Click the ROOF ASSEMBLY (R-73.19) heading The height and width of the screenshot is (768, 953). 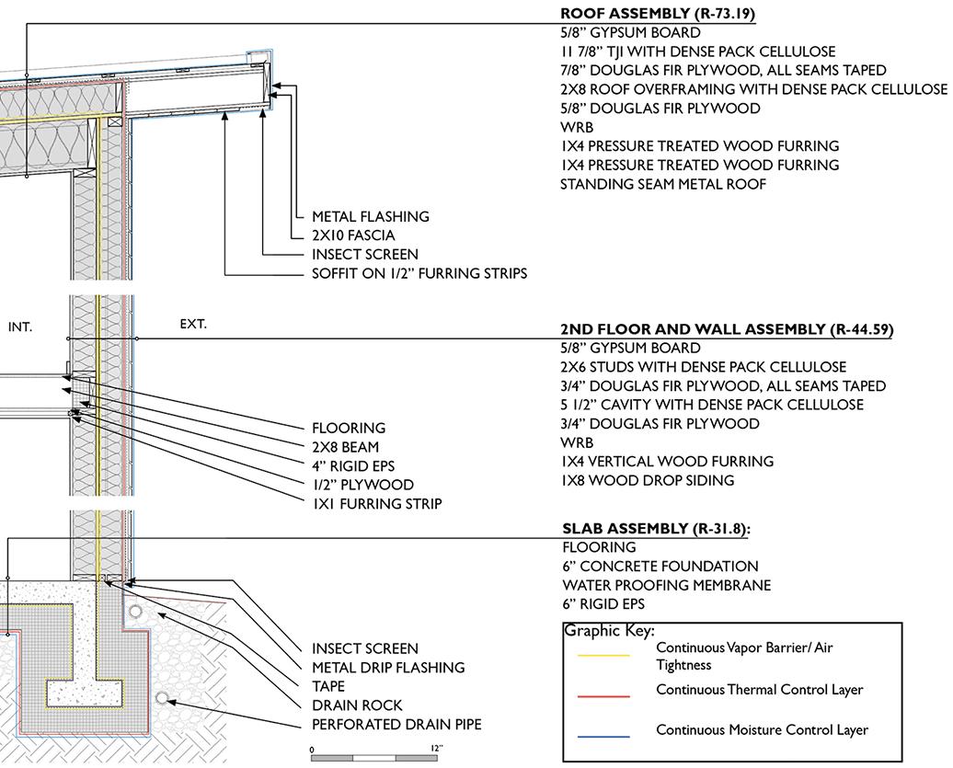[x=659, y=14]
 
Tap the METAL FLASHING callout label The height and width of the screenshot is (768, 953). [x=371, y=217]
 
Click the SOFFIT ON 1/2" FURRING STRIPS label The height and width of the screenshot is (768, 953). [x=419, y=274]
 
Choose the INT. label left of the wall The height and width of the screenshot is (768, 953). [x=20, y=327]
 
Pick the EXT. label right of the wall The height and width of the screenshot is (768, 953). [x=193, y=324]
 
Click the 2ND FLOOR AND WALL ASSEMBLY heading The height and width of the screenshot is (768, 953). [x=727, y=329]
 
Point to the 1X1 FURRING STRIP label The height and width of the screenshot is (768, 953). [x=377, y=504]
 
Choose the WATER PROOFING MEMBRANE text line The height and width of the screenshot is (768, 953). [x=666, y=586]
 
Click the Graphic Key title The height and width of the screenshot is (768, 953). [x=609, y=631]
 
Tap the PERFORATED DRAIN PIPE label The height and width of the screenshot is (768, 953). [x=396, y=725]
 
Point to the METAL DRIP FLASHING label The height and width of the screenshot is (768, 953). [x=388, y=668]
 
